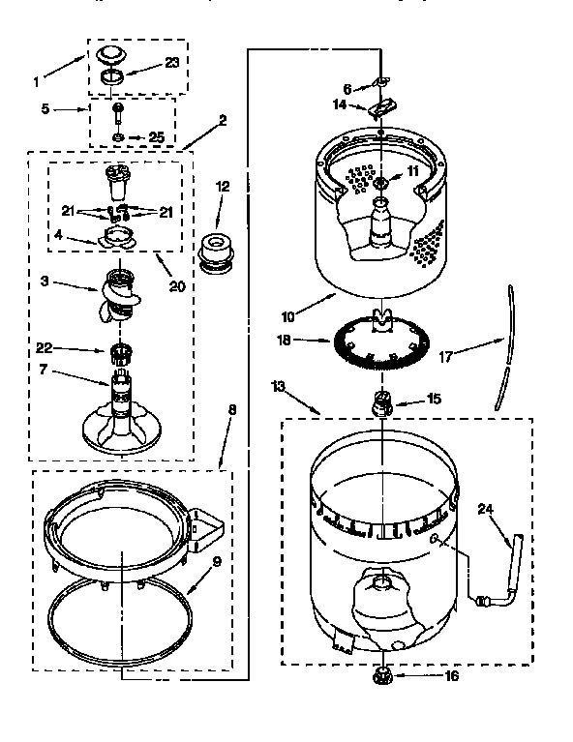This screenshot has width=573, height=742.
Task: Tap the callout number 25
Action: click(x=156, y=138)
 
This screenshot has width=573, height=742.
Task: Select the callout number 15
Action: click(x=435, y=398)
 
